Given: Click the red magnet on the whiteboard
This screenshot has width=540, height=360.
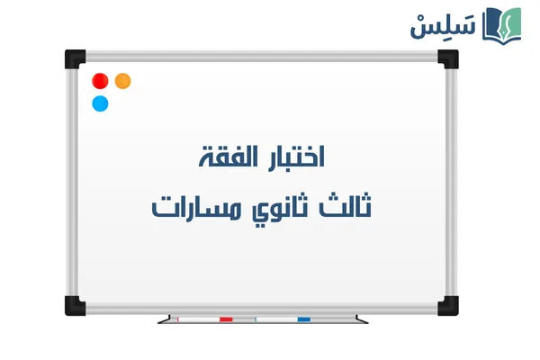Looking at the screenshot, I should [100, 81].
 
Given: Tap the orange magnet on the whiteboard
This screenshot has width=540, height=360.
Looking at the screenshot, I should [122, 81].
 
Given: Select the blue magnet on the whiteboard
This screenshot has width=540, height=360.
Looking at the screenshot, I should [100, 103].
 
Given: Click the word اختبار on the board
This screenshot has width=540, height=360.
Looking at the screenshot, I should [290, 156].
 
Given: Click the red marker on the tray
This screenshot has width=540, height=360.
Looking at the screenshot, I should [204, 319].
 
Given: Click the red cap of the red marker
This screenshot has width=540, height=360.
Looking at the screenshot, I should [225, 319].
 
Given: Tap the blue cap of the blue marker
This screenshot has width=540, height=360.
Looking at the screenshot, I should [303, 319].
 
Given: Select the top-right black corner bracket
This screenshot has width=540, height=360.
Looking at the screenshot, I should [447, 59].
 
